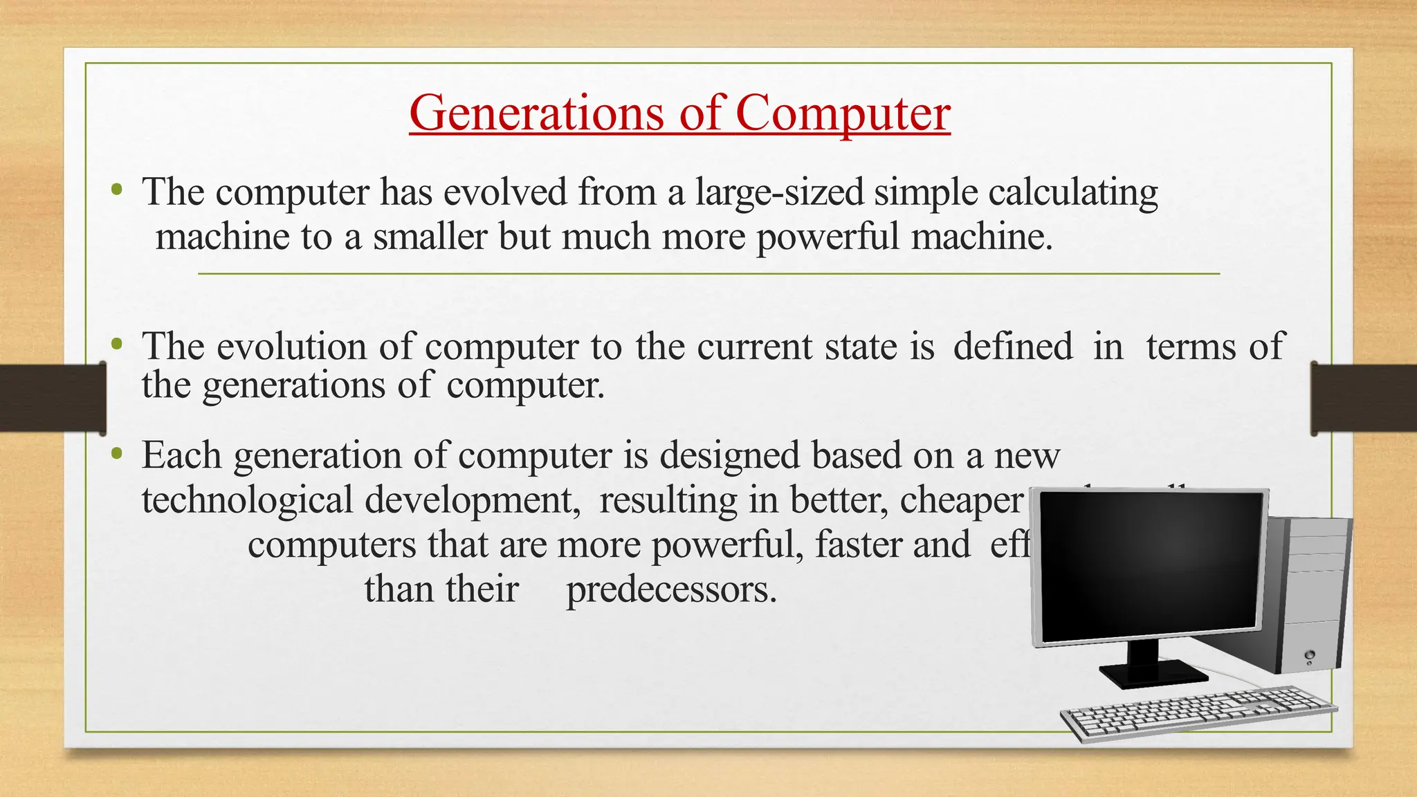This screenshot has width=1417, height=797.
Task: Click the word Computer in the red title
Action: [842, 114]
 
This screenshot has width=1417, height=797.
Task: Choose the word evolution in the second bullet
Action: [291, 346]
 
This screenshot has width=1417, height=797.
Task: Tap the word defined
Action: [1013, 346]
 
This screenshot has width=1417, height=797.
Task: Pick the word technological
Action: [247, 500]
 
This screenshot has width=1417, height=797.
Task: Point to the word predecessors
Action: [671, 590]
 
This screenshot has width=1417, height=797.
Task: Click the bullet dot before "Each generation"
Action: [117, 454]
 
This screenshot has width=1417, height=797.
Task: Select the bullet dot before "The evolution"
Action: [117, 344]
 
